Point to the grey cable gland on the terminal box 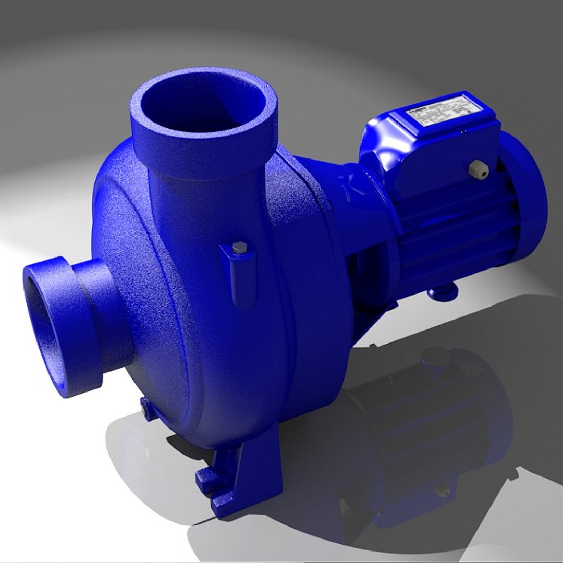coord(475,168)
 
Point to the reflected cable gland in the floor coord(443,490)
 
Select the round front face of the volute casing coord(151,292)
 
